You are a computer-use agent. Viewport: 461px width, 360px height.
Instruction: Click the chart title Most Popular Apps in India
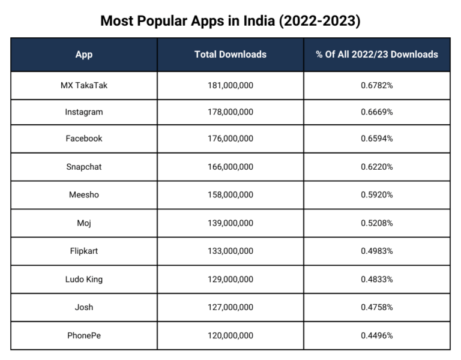pos(230,21)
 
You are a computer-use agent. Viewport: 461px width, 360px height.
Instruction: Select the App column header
pos(84,55)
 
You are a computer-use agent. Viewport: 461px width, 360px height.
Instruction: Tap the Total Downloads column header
pos(230,55)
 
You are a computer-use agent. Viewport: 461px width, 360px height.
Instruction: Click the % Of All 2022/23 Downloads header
pos(377,55)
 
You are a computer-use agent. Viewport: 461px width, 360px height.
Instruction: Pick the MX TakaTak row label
pos(84,85)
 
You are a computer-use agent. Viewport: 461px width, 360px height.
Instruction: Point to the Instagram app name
pos(84,112)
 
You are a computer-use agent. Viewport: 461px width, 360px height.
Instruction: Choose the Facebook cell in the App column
pos(84,139)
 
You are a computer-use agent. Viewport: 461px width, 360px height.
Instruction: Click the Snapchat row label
pos(84,167)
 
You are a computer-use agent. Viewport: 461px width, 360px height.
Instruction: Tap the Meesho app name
pos(84,195)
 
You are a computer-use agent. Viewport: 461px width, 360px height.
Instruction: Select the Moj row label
pos(84,223)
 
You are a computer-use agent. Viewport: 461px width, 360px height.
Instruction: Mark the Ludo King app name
pos(84,280)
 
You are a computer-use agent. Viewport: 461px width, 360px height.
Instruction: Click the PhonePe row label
pos(84,336)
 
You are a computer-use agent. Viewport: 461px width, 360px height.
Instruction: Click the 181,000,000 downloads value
pos(230,85)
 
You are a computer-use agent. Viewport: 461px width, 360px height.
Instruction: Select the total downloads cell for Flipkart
pos(230,251)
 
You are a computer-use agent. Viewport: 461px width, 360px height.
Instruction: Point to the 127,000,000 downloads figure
pos(230,308)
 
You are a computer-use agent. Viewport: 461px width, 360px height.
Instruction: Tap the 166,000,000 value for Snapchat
pos(230,167)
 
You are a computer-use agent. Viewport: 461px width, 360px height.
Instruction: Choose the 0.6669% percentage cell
pos(377,112)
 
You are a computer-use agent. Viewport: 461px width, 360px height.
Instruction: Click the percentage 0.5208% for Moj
pos(377,223)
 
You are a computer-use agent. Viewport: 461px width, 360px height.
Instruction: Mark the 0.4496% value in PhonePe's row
pos(377,336)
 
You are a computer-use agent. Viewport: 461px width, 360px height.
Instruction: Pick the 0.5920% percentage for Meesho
pos(377,195)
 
